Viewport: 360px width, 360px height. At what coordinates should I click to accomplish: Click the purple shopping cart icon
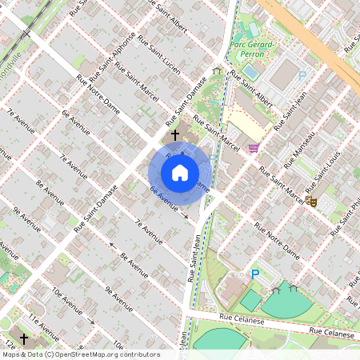pos(254,148)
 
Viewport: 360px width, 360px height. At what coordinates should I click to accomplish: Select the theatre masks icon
pos(310,202)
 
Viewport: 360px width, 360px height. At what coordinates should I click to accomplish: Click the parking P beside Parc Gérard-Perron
pos(302,76)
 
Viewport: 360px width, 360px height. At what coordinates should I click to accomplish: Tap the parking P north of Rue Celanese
pos(255,274)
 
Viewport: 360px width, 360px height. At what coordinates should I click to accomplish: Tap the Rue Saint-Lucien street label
pos(155,51)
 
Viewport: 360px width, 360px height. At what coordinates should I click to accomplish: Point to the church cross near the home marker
pos(175,136)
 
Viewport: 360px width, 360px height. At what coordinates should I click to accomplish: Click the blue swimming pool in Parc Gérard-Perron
pos(251,71)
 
